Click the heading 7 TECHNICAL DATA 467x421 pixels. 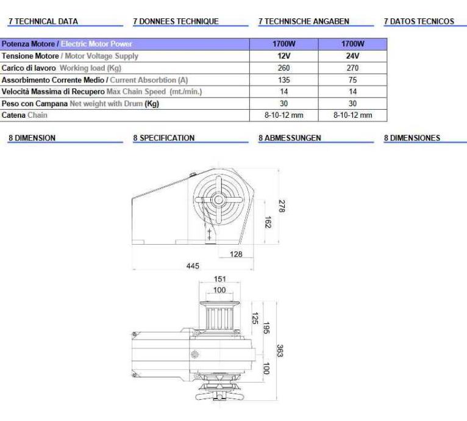[43, 21]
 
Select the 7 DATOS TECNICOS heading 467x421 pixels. [419, 21]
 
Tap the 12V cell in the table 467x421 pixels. [284, 56]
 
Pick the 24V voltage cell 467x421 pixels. [352, 56]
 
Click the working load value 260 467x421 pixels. [284, 68]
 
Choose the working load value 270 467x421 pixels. [352, 68]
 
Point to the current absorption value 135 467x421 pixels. [284, 80]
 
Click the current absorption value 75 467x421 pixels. [352, 80]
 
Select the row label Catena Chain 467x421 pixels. [24, 115]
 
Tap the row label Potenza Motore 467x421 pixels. [28, 44]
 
